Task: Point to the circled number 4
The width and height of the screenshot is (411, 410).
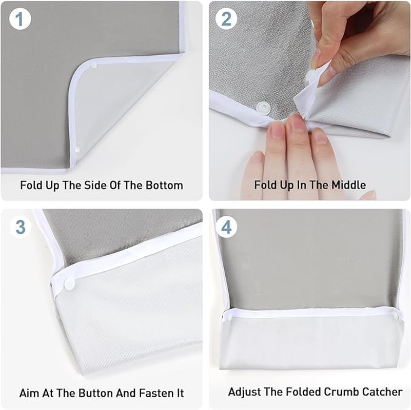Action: pos(226,226)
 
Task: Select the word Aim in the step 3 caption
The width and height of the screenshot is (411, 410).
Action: pos(29,394)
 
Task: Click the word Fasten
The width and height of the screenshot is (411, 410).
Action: pos(153,394)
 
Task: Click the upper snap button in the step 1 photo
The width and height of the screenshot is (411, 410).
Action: pos(93,66)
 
